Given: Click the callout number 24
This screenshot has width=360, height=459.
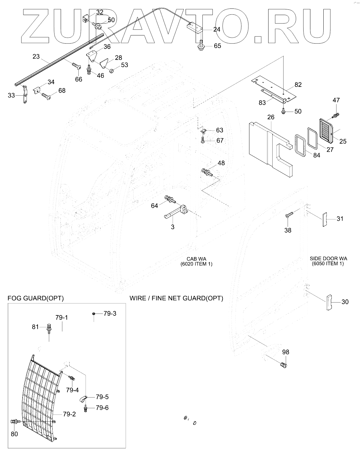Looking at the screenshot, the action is pyautogui.click(x=217, y=29).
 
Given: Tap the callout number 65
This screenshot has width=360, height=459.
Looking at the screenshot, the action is pyautogui.click(x=217, y=46).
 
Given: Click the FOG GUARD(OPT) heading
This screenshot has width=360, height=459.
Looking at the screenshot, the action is pyautogui.click(x=36, y=298).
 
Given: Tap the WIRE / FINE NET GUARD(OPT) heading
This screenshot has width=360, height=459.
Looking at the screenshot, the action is pyautogui.click(x=176, y=298).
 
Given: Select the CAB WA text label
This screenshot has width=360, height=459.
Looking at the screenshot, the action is pyautogui.click(x=196, y=259).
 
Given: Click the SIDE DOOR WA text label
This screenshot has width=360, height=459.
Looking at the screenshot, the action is pyautogui.click(x=328, y=258).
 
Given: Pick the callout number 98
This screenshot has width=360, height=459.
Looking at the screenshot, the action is pyautogui.click(x=286, y=352).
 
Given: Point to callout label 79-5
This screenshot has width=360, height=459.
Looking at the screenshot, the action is pyautogui.click(x=102, y=397).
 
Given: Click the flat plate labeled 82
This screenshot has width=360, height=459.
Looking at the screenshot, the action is pyautogui.click(x=274, y=88).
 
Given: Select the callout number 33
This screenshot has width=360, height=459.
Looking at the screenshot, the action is pyautogui.click(x=11, y=96).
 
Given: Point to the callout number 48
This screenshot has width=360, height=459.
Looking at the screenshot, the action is pyautogui.click(x=221, y=163).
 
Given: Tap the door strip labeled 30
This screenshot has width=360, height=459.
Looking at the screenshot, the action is pyautogui.click(x=329, y=302).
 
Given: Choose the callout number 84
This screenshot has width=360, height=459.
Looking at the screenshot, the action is pyautogui.click(x=316, y=155).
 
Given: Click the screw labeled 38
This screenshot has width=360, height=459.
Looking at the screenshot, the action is pyautogui.click(x=289, y=214).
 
